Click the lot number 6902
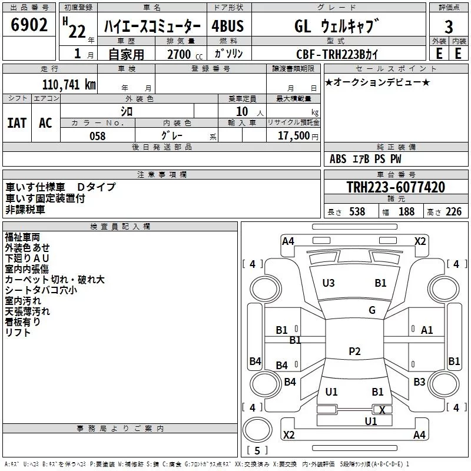[x=29, y=26]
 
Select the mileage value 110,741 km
[x=69, y=84]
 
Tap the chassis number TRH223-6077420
[x=396, y=188]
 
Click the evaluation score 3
[x=449, y=26]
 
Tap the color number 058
[x=97, y=136]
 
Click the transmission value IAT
[x=17, y=122]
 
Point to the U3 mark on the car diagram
[x=329, y=283]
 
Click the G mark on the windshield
[x=372, y=310]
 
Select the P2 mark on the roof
[x=354, y=351]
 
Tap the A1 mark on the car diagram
[x=427, y=330]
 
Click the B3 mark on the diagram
[x=419, y=382]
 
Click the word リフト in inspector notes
[x=18, y=333]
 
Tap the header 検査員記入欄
[x=120, y=227]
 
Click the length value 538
[x=357, y=212]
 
